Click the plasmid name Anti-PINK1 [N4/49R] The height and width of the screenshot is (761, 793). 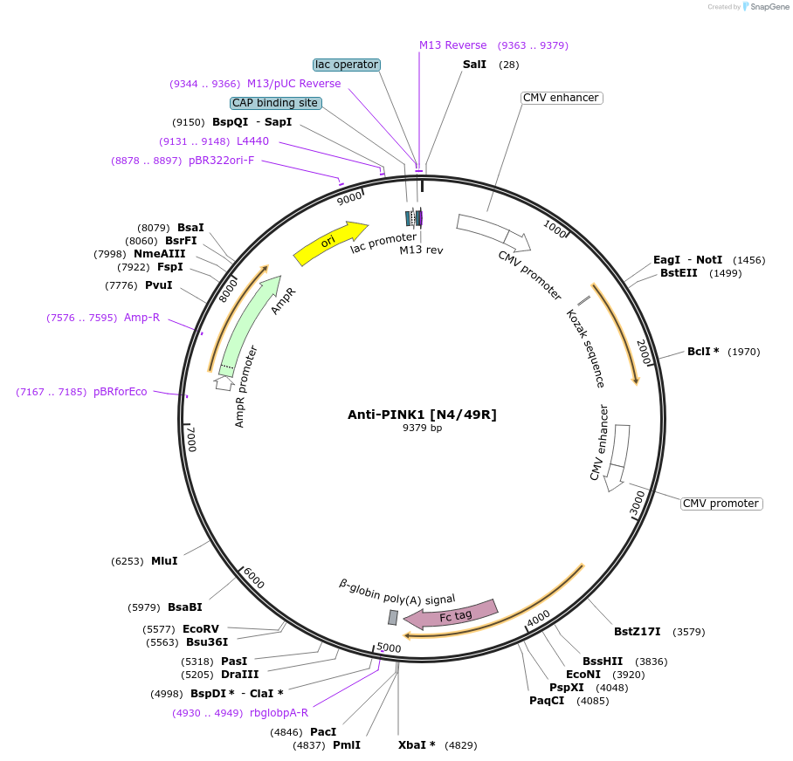click(x=422, y=414)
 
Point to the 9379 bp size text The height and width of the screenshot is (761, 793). click(x=422, y=428)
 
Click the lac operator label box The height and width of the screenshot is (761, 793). click(x=347, y=65)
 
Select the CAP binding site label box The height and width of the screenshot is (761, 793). click(x=275, y=103)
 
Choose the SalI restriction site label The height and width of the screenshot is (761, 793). click(x=475, y=65)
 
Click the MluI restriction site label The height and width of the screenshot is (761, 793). click(x=164, y=561)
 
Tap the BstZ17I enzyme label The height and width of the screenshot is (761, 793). click(x=637, y=631)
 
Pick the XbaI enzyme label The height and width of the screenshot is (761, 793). click(x=417, y=745)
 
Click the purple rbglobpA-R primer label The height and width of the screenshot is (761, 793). click(x=279, y=713)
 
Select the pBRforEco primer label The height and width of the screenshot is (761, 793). click(x=121, y=392)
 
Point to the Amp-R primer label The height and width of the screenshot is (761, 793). click(x=141, y=318)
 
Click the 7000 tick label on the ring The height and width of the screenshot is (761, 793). click(x=192, y=439)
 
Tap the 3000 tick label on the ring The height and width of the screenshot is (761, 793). click(x=638, y=503)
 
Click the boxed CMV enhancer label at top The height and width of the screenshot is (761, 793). click(x=560, y=98)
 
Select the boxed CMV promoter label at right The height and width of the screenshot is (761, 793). click(x=721, y=504)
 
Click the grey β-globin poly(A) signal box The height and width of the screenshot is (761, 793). click(x=393, y=617)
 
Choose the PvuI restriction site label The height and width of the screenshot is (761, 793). click(x=159, y=285)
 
